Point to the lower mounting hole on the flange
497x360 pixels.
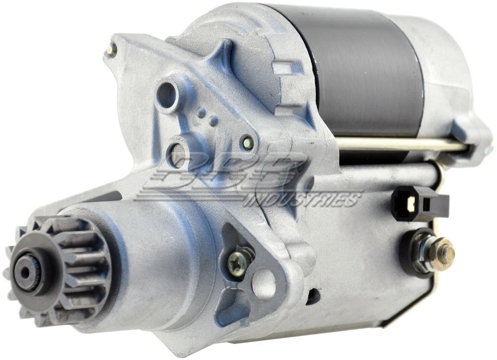pyautogui.click(x=178, y=153)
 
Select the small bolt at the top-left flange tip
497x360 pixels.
pyautogui.click(x=110, y=49)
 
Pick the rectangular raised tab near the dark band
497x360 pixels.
pyautogui.click(x=288, y=67)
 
